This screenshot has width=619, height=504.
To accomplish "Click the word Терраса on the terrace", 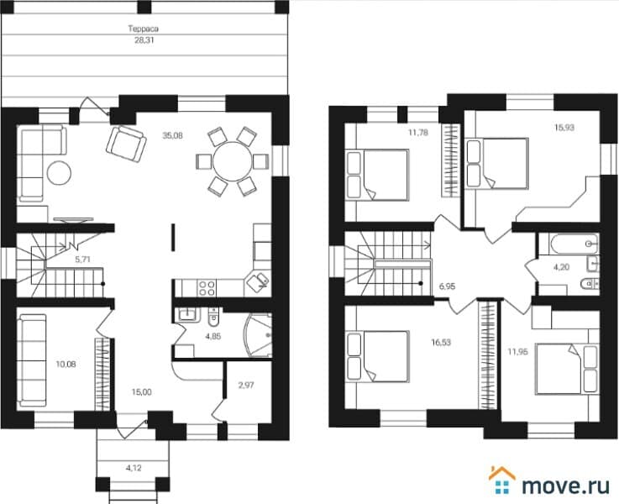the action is [144, 29].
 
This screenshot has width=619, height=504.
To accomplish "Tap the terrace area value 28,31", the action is [144, 39].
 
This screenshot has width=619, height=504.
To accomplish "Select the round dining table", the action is [232, 162].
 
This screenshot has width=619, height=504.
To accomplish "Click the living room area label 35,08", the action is [172, 136].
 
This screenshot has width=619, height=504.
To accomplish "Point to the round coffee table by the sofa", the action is [60, 173].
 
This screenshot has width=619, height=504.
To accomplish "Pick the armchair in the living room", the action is [126, 144].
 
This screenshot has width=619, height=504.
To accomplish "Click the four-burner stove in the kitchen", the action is [207, 288].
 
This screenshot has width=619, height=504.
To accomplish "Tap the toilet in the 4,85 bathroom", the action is [213, 318].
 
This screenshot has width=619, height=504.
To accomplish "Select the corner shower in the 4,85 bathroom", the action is [258, 335].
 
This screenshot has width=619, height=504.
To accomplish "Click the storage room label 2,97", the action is [246, 386].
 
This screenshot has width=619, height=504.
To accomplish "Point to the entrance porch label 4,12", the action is [134, 469].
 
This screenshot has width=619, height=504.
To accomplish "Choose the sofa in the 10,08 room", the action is [32, 360].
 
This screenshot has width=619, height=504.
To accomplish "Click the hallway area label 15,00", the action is [141, 392].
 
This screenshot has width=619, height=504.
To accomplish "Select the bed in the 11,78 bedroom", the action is [377, 175].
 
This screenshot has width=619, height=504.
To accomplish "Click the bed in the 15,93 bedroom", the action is [497, 164].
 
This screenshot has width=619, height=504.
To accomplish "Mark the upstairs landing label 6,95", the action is [447, 286].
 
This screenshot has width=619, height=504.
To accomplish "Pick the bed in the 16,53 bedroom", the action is [377, 357].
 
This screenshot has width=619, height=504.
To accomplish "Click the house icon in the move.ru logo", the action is [501, 480].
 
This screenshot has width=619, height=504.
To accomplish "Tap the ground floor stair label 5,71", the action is [83, 260].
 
